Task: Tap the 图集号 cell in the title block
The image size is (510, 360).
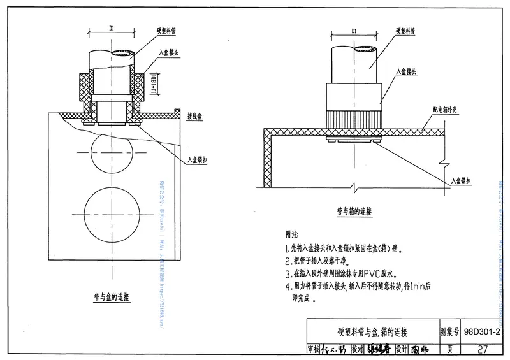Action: point(450,333)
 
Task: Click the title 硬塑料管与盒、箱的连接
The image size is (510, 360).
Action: point(372,333)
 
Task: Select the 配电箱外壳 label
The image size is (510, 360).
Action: point(439,110)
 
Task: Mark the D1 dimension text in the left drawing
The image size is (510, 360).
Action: point(110,28)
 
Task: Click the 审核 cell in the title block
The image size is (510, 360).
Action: point(315,349)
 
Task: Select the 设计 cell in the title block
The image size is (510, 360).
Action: point(401,349)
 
